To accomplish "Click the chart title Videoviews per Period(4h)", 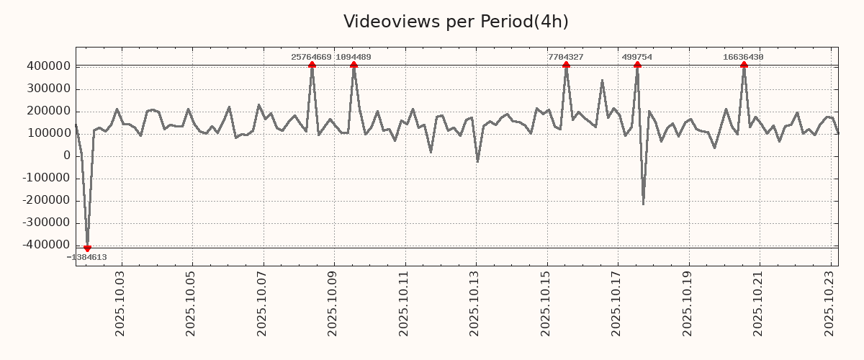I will pos(456,22).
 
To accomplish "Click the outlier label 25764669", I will pos(311,57).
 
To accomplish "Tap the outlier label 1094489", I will pos(354,57).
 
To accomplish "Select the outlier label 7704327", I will pos(566,57).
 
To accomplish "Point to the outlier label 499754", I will pos(637,57).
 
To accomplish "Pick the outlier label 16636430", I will pos(744,57).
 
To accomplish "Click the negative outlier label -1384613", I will pos(87,257).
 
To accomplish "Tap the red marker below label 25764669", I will pos(312,66).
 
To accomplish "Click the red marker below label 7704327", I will pos(566,66).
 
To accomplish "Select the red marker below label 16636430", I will pos(744,66).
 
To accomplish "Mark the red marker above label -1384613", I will pos(87,248).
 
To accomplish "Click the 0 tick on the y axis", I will pos(66,156).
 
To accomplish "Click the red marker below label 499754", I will pos(637,66).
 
